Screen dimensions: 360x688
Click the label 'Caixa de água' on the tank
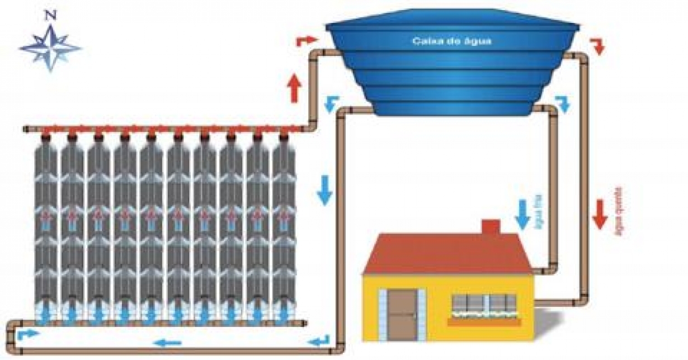tap(452, 41)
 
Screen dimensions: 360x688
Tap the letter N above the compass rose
tap(50, 16)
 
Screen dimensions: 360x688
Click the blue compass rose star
tap(50, 47)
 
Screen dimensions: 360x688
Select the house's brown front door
tap(402, 315)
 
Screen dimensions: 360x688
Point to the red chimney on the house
tap(491, 227)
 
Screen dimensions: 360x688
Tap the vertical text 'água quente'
tap(619, 213)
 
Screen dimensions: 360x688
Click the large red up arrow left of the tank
tap(295, 88)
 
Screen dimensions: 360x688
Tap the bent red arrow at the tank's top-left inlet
tap(305, 40)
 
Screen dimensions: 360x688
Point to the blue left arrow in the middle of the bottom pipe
tap(167, 342)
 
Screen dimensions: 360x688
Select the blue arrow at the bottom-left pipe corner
tap(28, 334)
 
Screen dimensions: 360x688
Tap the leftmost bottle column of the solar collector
tap(46, 229)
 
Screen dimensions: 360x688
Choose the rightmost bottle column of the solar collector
tap(284, 229)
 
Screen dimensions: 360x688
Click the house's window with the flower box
tap(484, 307)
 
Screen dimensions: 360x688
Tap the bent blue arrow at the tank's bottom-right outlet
tap(563, 103)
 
